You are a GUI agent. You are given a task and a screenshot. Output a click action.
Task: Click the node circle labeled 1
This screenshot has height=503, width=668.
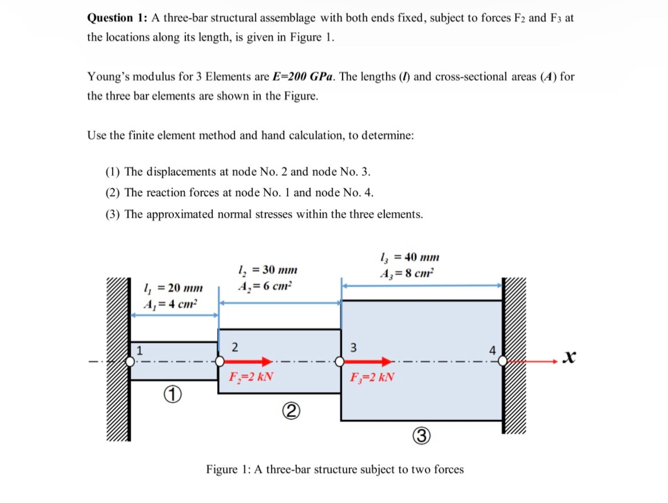click(x=130, y=362)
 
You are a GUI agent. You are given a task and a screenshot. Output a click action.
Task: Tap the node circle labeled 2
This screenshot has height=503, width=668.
click(x=220, y=362)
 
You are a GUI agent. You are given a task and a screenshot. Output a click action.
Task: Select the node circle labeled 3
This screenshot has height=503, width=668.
click(x=339, y=362)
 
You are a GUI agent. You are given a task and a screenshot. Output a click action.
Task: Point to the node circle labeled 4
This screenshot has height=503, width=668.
click(x=502, y=361)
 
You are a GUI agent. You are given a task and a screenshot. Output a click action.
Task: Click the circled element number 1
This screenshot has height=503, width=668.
click(x=172, y=394)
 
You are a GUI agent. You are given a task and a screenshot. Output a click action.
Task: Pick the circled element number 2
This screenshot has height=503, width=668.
click(x=291, y=411)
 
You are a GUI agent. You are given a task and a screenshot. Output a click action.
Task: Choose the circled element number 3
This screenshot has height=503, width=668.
click(x=421, y=436)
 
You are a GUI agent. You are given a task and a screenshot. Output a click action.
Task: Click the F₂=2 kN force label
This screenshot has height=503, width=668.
click(x=251, y=377)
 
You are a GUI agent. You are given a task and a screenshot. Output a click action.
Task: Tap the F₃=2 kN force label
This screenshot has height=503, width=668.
click(x=372, y=377)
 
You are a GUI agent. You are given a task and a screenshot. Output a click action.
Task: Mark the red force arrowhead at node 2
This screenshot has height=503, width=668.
click(x=267, y=362)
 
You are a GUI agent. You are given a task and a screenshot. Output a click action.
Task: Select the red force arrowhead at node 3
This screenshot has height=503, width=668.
click(x=387, y=362)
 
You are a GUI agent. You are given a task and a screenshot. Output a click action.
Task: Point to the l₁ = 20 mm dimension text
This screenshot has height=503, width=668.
click(x=173, y=288)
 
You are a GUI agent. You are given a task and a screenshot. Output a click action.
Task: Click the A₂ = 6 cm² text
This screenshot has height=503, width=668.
click(x=265, y=286)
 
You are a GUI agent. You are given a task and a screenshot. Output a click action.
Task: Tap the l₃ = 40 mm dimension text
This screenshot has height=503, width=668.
click(x=409, y=257)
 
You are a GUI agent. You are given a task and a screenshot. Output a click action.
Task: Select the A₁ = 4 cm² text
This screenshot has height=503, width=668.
click(x=170, y=304)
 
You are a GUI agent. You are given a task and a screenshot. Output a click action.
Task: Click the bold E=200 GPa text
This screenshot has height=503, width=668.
click(x=302, y=76)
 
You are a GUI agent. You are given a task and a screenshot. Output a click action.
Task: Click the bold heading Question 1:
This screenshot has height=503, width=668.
click(x=117, y=18)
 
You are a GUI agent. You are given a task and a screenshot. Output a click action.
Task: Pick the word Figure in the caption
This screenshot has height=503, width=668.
click(x=221, y=469)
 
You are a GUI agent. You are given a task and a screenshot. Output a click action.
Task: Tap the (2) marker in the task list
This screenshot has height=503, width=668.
click(x=113, y=193)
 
